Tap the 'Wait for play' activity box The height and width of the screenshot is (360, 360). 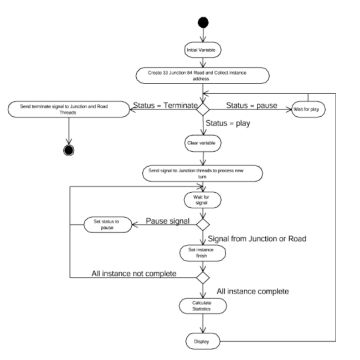click(308, 109)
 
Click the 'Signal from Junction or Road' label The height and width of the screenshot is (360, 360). click(257, 239)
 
